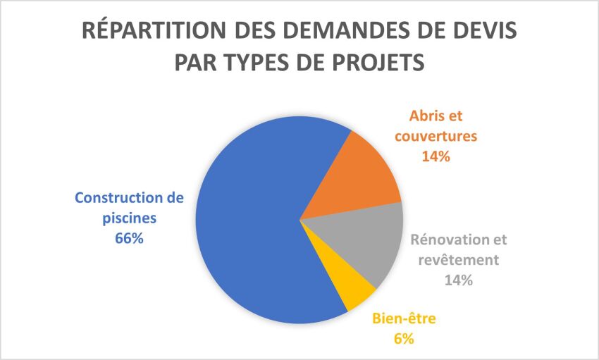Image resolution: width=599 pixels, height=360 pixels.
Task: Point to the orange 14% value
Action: (x=436, y=156)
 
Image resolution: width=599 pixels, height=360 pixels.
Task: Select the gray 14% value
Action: (x=458, y=280)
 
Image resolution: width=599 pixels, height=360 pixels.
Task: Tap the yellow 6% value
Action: (x=403, y=339)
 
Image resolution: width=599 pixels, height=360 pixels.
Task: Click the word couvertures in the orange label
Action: (x=436, y=136)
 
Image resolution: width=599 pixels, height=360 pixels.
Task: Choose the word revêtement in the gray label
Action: (x=458, y=259)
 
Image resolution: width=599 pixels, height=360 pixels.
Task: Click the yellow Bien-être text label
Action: (x=403, y=319)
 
